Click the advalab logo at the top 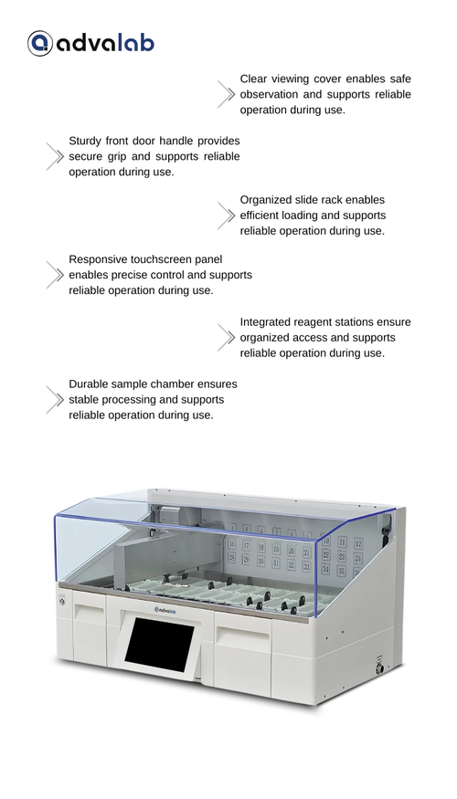click(90, 43)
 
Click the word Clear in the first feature click(253, 79)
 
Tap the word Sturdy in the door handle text click(84, 142)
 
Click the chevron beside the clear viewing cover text click(226, 94)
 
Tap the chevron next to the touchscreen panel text click(55, 275)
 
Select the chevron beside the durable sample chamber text click(55, 400)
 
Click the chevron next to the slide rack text click(226, 216)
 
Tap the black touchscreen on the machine click(160, 644)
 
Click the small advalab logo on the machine click(165, 609)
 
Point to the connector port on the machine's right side click(379, 666)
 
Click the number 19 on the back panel click(276, 550)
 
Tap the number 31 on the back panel click(275, 563)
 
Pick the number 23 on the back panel click(342, 556)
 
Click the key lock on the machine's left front click(62, 601)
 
